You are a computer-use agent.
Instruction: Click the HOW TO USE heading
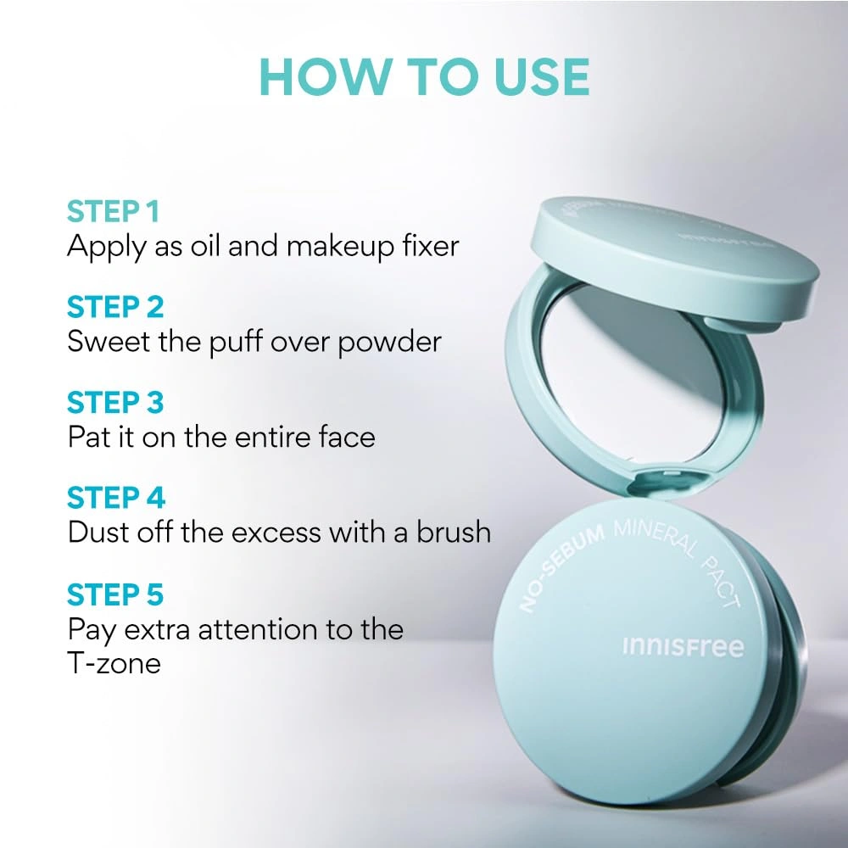click(x=424, y=77)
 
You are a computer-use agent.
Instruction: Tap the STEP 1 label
click(x=113, y=211)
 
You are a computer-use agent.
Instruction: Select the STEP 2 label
click(x=115, y=307)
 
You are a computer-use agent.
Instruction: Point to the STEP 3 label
click(x=115, y=403)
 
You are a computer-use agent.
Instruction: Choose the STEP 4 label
click(x=115, y=498)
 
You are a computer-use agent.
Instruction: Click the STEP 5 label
click(x=115, y=594)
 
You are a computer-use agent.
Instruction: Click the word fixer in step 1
click(x=431, y=246)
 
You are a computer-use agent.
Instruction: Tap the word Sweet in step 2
click(x=109, y=342)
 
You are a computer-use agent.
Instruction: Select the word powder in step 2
click(x=389, y=343)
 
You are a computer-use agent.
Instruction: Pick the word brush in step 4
click(x=453, y=533)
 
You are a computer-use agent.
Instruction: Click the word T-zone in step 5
click(x=114, y=663)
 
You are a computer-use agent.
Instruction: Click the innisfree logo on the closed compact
click(x=683, y=647)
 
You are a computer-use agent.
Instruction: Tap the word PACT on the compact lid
click(x=721, y=583)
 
